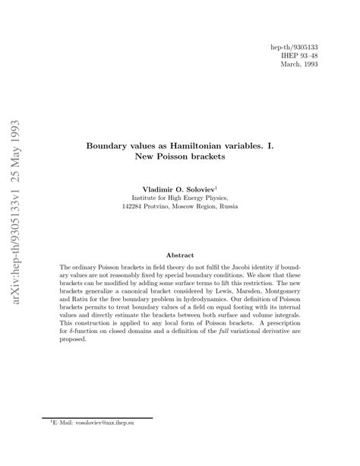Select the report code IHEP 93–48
(x=299, y=55)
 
